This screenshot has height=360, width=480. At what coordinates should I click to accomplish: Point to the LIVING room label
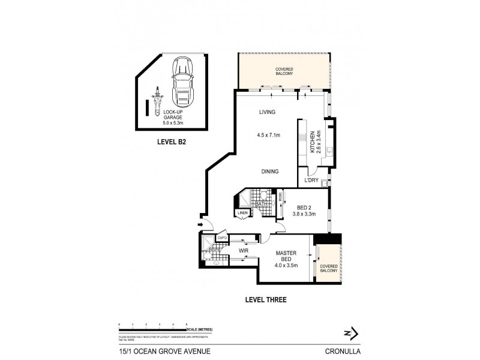tap(267, 112)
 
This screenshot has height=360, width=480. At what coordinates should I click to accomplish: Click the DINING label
tap(269, 172)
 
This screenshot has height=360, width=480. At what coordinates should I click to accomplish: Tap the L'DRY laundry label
tap(311, 181)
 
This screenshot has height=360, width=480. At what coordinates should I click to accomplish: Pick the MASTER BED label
tap(286, 256)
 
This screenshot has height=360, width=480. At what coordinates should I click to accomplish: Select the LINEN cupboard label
tap(242, 213)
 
